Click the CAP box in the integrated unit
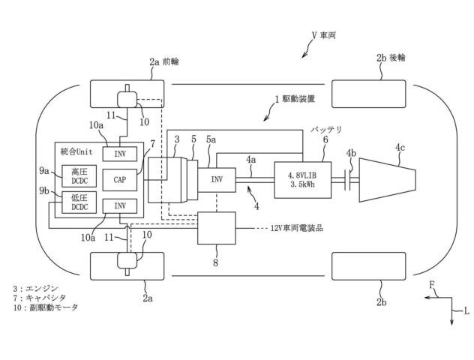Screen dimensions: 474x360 point(120,180)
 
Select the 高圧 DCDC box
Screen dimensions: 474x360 point(79,176)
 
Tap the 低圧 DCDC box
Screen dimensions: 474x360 point(79,202)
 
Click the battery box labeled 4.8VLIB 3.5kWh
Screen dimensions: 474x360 point(302,180)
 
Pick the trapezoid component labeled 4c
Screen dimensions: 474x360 point(388,179)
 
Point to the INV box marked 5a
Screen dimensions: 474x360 point(217,179)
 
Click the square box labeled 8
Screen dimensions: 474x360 point(217,228)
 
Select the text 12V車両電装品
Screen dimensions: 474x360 point(297,228)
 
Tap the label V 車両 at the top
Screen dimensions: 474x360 point(324,36)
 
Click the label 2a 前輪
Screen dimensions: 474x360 point(164,61)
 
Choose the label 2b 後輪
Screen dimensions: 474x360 point(391,58)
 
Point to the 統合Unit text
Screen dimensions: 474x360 point(76,151)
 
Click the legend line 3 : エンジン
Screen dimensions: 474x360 point(35,289)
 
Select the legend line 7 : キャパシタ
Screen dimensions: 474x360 point(40,298)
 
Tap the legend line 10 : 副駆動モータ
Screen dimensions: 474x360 point(46,307)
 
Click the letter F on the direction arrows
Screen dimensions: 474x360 point(432,284)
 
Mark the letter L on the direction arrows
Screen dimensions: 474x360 point(466,310)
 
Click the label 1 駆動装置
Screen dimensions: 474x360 point(295,99)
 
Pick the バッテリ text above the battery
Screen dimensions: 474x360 point(326,130)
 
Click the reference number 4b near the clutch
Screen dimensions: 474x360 point(351,153)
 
